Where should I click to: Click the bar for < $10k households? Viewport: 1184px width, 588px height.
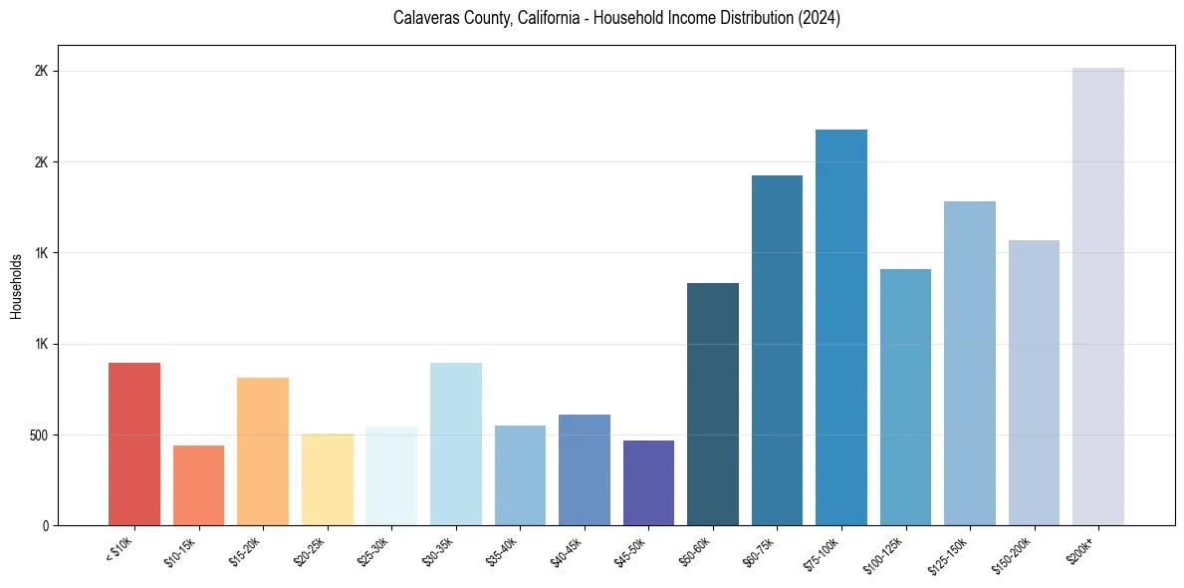point(134,443)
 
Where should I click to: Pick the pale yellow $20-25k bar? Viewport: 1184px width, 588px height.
point(327,479)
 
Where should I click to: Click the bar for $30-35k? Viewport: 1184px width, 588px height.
point(455,443)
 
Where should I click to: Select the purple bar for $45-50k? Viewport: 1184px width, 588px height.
point(648,482)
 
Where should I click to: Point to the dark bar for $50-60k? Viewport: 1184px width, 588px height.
point(713,404)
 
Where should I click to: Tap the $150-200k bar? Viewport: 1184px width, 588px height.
point(1034,383)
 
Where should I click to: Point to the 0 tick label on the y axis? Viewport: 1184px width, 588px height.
point(45,526)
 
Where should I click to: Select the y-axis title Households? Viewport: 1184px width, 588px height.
point(16,286)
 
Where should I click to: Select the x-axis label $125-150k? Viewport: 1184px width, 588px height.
point(947,555)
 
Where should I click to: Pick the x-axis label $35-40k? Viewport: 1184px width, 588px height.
point(501,551)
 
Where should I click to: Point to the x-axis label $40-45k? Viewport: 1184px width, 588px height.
point(565,551)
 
